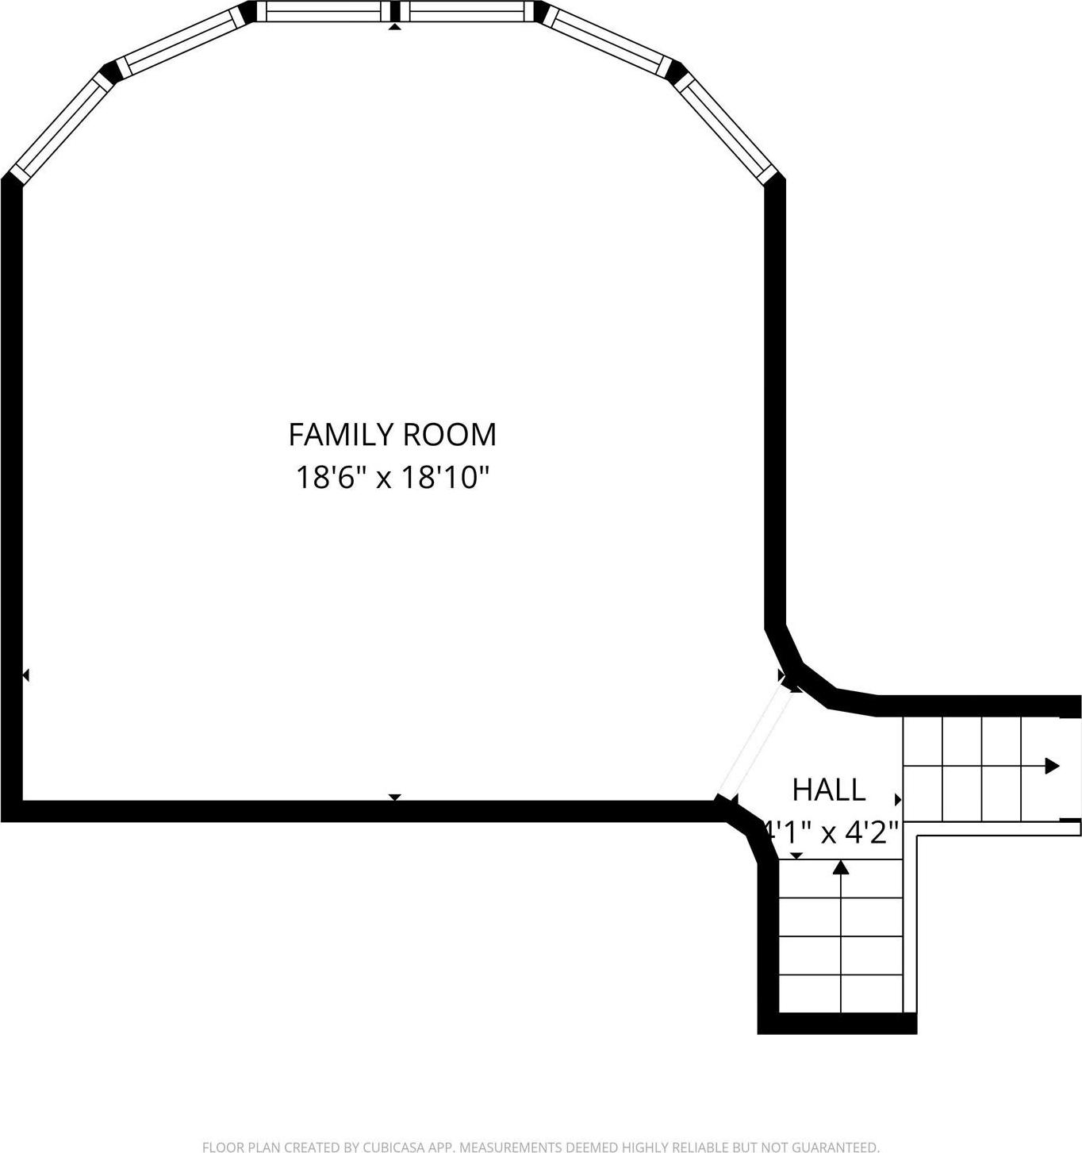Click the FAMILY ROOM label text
click(392, 435)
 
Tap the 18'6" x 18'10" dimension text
click(392, 478)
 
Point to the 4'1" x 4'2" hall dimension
click(831, 832)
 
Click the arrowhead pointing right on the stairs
click(1052, 766)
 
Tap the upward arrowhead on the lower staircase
click(841, 867)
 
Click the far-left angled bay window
click(60, 125)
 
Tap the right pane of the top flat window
click(467, 11)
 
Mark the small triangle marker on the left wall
click(25, 675)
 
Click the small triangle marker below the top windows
click(394, 27)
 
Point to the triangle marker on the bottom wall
click(394, 797)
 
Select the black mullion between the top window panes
click(394, 11)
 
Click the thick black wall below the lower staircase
click(838, 1024)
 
